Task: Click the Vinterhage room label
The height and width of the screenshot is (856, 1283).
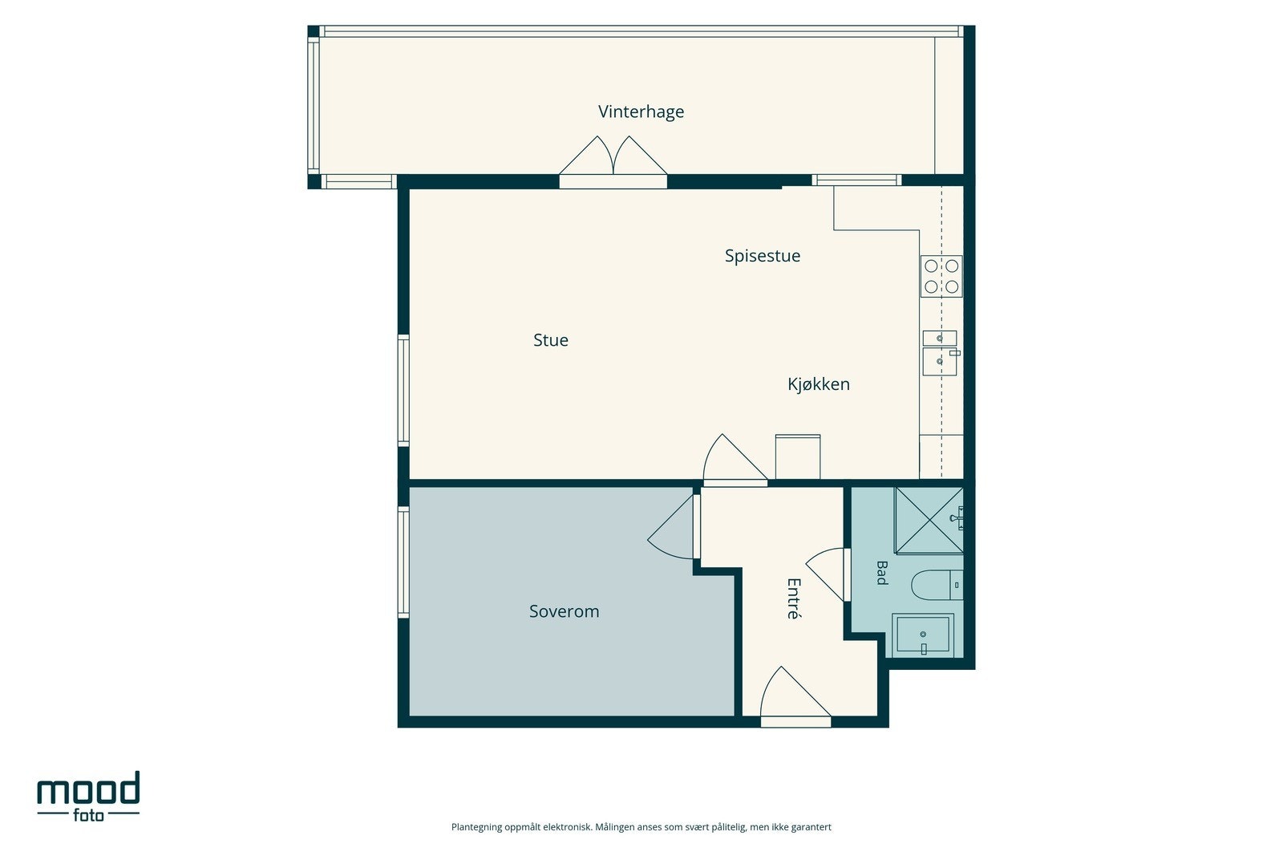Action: pyautogui.click(x=641, y=112)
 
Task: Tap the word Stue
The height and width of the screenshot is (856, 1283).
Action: pyautogui.click(x=550, y=340)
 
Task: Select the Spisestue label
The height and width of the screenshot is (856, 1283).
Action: pyautogui.click(x=763, y=256)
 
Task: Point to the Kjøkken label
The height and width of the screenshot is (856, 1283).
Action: pyautogui.click(x=819, y=384)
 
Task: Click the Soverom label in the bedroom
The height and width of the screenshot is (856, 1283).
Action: pyautogui.click(x=565, y=611)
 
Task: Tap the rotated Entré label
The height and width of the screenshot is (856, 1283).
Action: pyautogui.click(x=793, y=598)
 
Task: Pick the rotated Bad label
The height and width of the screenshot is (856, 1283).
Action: pyautogui.click(x=882, y=572)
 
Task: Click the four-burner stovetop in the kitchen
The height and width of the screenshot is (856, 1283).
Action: pyautogui.click(x=941, y=276)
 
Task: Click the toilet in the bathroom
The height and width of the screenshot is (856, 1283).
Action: pyautogui.click(x=937, y=585)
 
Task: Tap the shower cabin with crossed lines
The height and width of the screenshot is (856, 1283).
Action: pyautogui.click(x=929, y=521)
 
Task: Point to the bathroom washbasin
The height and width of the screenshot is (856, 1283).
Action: pyautogui.click(x=923, y=635)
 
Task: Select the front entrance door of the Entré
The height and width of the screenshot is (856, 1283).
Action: pyautogui.click(x=795, y=696)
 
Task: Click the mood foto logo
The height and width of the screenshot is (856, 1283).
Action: pyautogui.click(x=88, y=796)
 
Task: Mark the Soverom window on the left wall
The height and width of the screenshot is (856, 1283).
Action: pyautogui.click(x=404, y=562)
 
